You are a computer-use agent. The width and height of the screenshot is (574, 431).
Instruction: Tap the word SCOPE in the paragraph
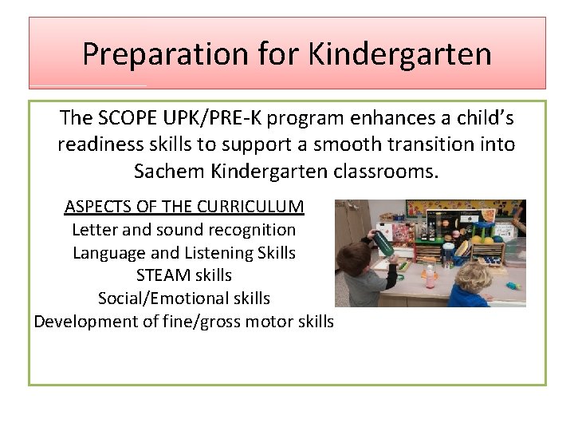coord(128,118)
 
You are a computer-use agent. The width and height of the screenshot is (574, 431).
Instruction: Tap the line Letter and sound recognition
coord(183,230)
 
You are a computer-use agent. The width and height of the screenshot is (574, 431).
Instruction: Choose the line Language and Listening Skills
coord(183,253)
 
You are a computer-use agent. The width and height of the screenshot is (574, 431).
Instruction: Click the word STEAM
coord(162,275)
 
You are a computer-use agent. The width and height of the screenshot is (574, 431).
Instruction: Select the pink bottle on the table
coord(431,279)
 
